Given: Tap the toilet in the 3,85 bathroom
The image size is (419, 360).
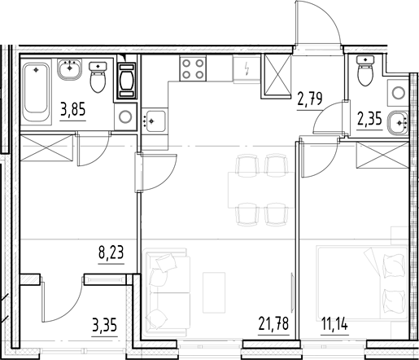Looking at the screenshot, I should [x=98, y=79].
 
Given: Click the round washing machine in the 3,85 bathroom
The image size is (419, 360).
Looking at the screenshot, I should [x=125, y=116].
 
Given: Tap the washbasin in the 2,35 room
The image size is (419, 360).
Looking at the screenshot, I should [x=398, y=121].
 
